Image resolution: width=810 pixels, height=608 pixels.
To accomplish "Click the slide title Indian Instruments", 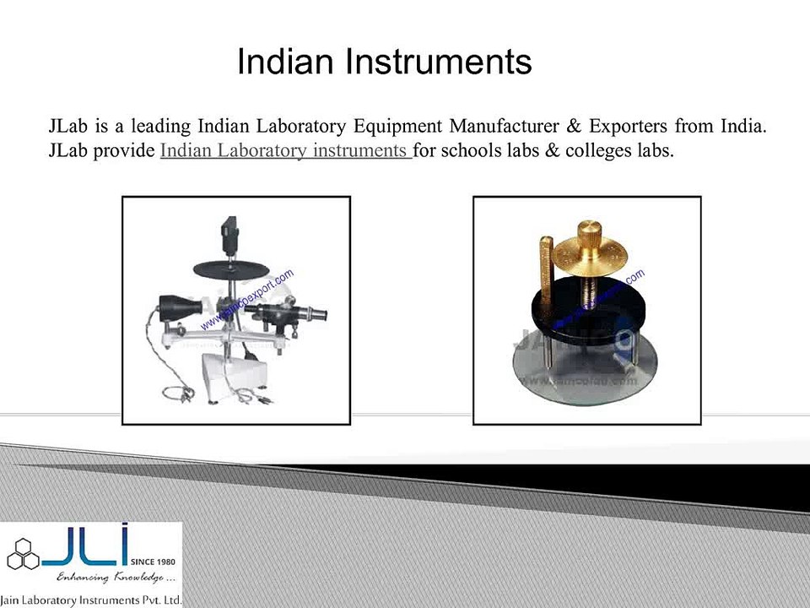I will coord(384,62).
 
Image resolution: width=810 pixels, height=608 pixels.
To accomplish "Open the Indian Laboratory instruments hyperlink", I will coord(284,151).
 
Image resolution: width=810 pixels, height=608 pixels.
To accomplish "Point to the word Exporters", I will coord(624,128).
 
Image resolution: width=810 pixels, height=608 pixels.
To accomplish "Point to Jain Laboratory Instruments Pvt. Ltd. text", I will coord(91,600).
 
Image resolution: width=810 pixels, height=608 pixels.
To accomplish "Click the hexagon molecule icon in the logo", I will coord(23,554).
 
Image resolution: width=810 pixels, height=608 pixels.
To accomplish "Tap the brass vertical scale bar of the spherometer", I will coord(543,270).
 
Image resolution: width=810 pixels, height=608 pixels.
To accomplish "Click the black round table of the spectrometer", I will coord(235,269).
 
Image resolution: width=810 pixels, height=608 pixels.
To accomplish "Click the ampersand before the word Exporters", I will coord(574,128).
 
